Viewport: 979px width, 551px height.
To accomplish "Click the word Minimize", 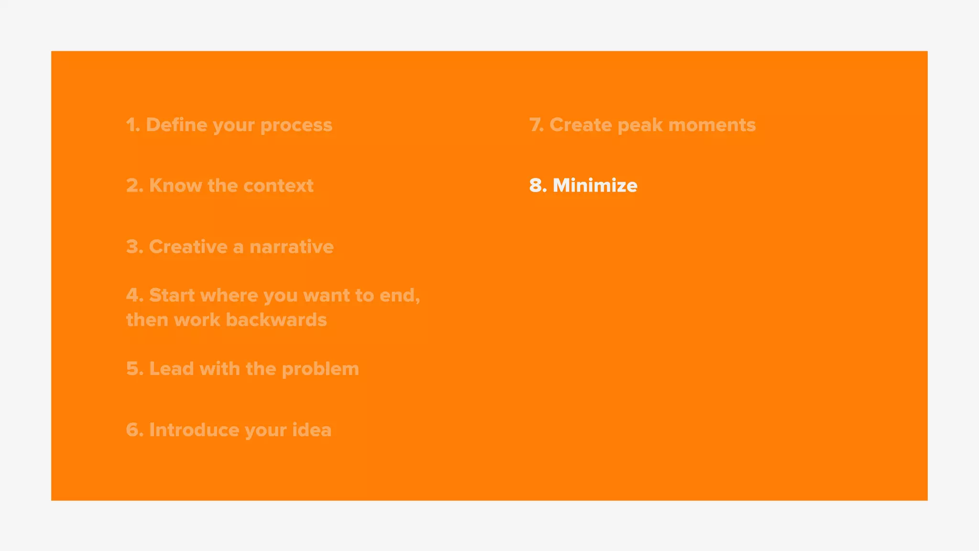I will (595, 186).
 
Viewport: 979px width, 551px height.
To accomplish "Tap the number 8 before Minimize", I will (536, 186).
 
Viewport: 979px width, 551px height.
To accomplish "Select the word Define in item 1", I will (176, 125).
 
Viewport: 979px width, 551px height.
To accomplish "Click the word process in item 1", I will (296, 126).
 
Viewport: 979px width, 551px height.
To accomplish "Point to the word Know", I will (175, 186).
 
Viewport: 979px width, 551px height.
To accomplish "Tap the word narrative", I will (291, 247).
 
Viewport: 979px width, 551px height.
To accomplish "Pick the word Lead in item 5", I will (171, 369).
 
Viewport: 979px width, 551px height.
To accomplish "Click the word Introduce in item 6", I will (194, 430).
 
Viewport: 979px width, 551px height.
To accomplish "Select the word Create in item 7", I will (580, 125).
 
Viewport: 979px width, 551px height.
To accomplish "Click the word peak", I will (640, 126).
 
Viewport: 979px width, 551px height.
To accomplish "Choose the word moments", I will (712, 125).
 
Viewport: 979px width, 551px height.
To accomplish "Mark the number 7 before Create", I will (535, 125).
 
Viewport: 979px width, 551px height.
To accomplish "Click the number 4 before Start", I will (133, 295).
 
